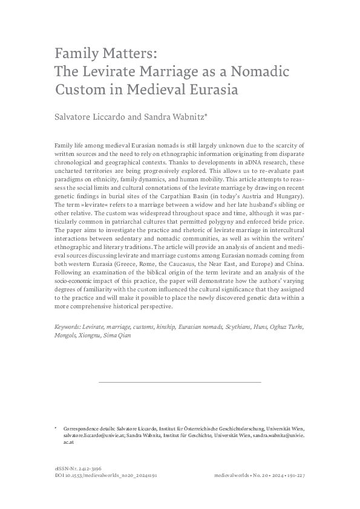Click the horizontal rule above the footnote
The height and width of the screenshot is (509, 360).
(x=180, y=382)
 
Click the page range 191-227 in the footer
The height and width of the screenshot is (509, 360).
(x=293, y=476)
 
